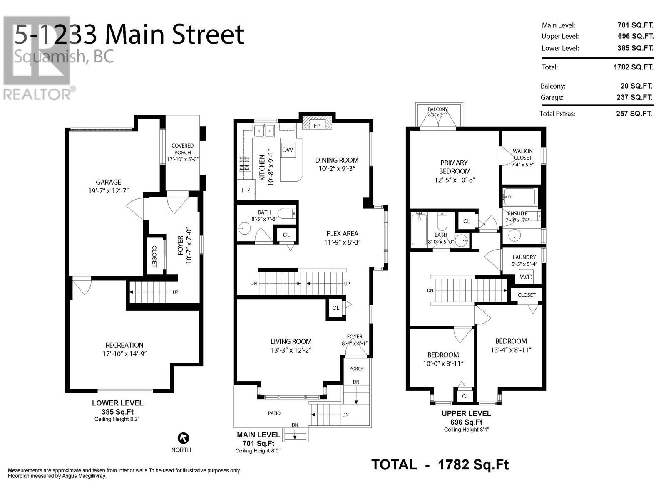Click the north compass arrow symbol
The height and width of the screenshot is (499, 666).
pos(183,438)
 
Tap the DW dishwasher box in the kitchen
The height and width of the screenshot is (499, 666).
pos(287,150)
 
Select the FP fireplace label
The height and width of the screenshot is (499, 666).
pos(317,126)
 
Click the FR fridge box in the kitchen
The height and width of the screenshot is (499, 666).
pos(246,190)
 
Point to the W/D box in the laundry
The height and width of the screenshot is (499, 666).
pos(526,277)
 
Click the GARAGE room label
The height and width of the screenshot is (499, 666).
pos(108,182)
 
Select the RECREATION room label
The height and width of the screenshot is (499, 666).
pos(124,345)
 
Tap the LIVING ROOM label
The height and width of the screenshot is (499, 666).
pos(291,341)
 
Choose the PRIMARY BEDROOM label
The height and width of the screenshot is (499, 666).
pos(454,167)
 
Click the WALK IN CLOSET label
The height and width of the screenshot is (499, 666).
pos(522,154)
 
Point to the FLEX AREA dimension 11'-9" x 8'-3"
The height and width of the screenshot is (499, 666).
pos(342,242)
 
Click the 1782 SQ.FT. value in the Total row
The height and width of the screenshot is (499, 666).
pos(633,67)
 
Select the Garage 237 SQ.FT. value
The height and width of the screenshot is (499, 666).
pos(634,98)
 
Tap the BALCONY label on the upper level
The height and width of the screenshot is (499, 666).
pos(438,109)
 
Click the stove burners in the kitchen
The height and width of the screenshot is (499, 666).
pos(245,163)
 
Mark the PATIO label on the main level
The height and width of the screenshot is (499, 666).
pos(274,413)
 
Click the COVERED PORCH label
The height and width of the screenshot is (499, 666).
pos(182,149)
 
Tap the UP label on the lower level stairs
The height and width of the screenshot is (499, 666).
pos(175,292)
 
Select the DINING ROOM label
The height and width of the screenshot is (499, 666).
pos(336,160)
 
